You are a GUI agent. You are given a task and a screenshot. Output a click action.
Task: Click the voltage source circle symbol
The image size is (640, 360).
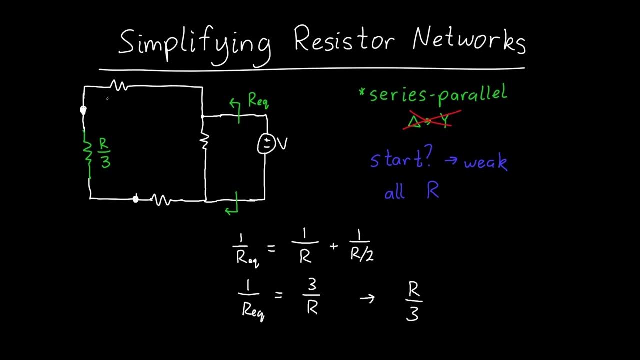point(266,144)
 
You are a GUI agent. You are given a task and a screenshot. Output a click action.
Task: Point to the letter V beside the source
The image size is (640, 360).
point(282,144)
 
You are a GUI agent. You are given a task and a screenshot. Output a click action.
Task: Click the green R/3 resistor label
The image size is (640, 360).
point(105,152)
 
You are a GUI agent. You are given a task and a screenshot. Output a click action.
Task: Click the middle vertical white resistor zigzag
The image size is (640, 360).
point(204,141)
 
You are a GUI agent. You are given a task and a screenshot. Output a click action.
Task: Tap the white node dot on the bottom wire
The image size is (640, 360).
point(135,199)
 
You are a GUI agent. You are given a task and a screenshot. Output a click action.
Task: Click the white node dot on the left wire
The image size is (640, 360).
point(83,110)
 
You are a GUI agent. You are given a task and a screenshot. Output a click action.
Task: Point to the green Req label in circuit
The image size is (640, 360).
point(258,101)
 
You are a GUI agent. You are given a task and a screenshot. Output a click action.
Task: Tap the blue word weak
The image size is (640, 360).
point(485,162)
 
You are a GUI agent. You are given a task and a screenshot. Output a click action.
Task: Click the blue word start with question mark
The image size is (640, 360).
point(400,159)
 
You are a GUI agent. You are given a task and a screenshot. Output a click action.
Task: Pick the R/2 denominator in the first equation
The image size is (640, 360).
point(362,255)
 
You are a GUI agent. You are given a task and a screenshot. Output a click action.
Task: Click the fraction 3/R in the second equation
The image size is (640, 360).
point(312,296)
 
